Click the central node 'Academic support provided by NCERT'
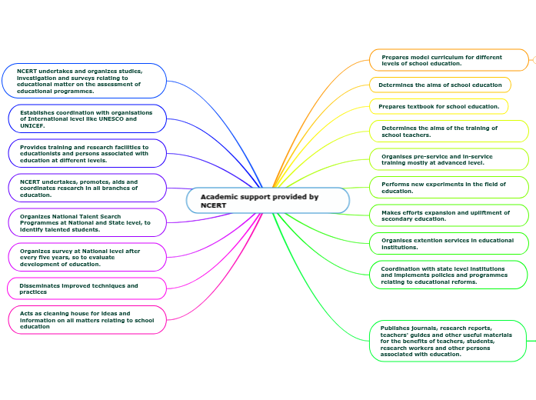click(268, 201)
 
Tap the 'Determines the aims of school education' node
click(440, 85)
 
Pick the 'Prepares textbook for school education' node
click(439, 106)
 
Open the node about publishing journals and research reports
click(448, 341)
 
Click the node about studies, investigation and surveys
click(84, 81)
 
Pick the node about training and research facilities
click(86, 153)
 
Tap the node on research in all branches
click(86, 188)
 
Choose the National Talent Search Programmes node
click(86, 222)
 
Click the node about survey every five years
click(86, 257)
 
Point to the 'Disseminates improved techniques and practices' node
click(86, 288)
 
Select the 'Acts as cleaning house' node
click(86, 319)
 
